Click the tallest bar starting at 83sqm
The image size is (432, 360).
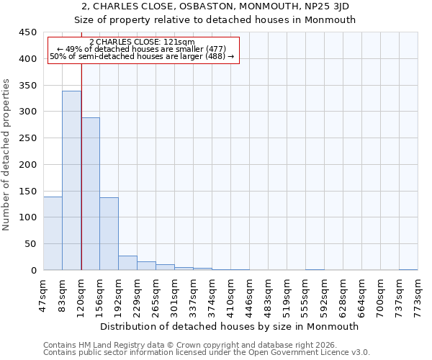pos(71,180)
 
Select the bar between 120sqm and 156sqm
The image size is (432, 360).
pos(90,194)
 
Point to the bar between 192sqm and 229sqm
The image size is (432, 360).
pos(127,263)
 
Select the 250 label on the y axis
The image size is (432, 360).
pos(28,138)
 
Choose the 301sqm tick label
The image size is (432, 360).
pos(175,294)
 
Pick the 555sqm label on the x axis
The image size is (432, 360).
pos(305,294)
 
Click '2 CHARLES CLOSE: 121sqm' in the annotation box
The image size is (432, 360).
pos(142,42)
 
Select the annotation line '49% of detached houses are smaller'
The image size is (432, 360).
pos(142,49)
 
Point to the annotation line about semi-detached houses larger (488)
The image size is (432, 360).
pos(142,56)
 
